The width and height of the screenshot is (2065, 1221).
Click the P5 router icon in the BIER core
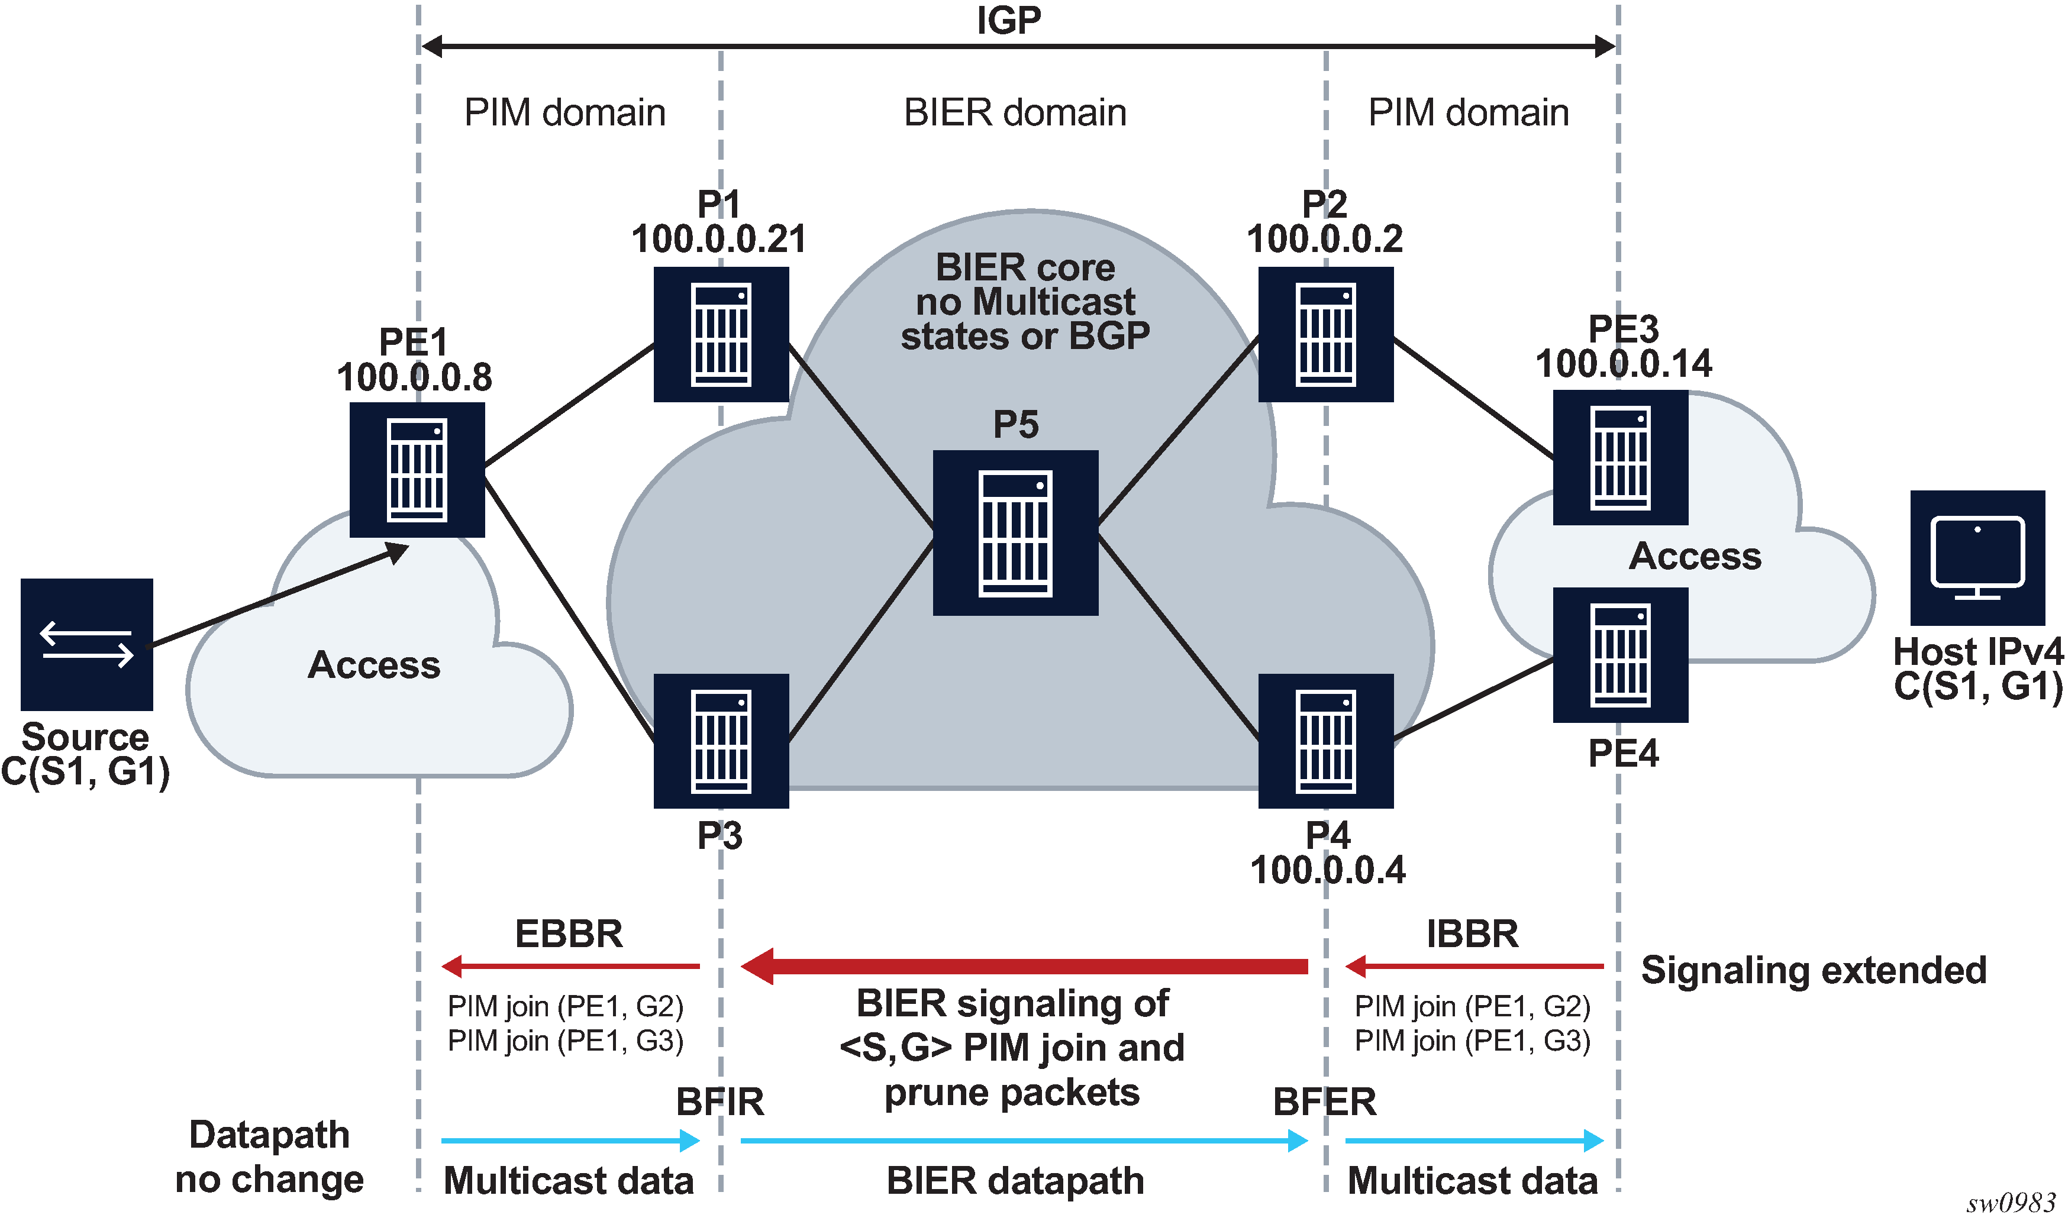click(x=1015, y=532)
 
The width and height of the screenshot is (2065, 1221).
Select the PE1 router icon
click(x=417, y=470)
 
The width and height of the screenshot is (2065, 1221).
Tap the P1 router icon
click(x=721, y=334)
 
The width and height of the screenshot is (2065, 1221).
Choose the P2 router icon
click(x=1326, y=334)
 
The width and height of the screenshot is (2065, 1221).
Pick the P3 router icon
click(x=721, y=741)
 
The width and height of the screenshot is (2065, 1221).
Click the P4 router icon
click(x=1326, y=741)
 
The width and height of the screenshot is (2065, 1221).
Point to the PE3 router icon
click(x=1621, y=457)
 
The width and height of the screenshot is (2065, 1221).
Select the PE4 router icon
click(x=1621, y=655)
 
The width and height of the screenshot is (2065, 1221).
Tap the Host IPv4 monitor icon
click(x=1978, y=558)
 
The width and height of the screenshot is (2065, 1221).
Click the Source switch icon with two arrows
click(x=86, y=644)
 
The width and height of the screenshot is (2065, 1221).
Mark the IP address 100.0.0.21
click(x=719, y=240)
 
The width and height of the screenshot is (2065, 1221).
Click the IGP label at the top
click(x=1009, y=21)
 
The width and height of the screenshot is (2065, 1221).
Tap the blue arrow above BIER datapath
click(x=1024, y=1141)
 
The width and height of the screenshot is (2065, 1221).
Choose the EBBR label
click(x=569, y=934)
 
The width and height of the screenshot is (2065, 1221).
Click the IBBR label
click(x=1473, y=934)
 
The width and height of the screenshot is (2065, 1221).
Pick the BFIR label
click(x=720, y=1102)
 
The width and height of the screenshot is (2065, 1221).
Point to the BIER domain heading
click(x=1015, y=113)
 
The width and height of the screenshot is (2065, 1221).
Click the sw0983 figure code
click(x=2011, y=1204)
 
